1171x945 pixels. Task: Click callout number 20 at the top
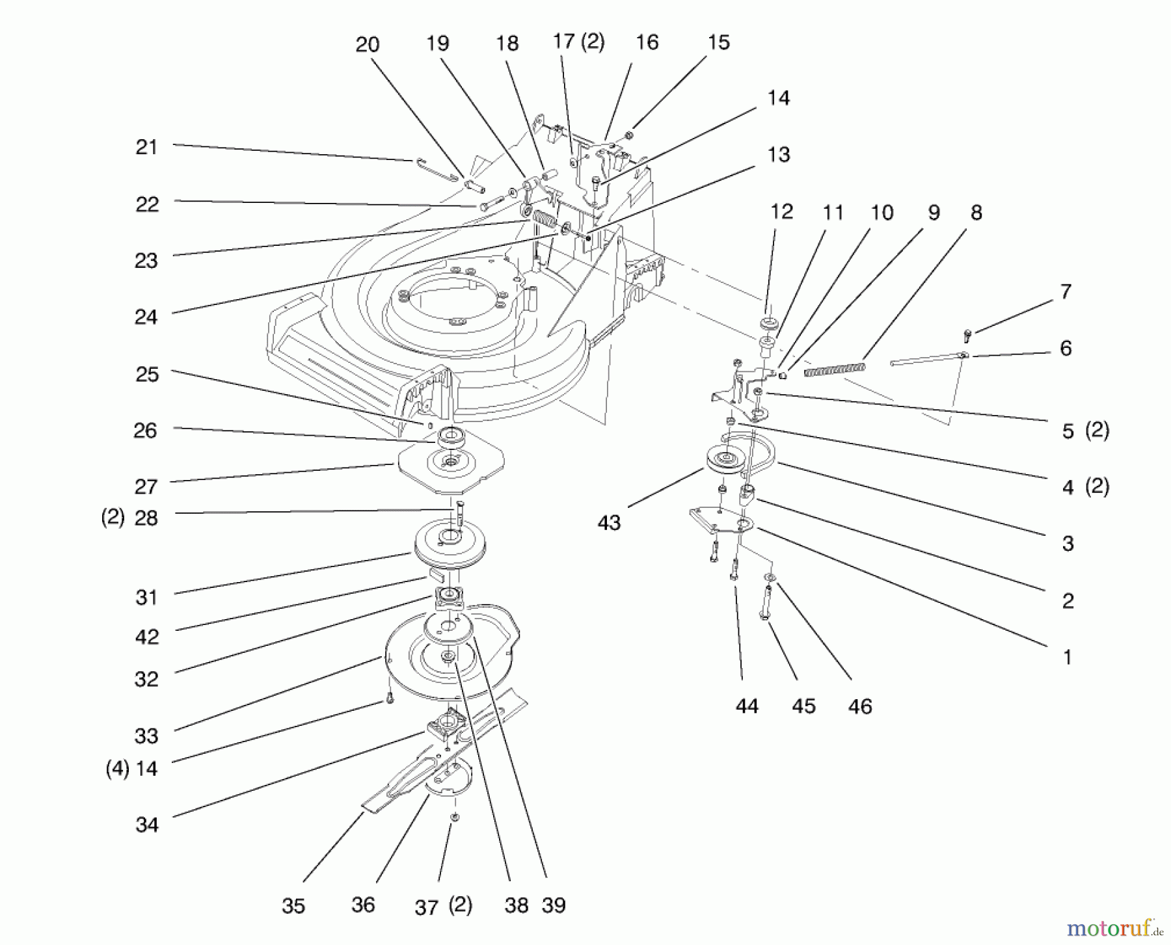[367, 44]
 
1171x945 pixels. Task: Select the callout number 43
[609, 523]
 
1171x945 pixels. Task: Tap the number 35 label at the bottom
[293, 906]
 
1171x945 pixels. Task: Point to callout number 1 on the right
[1067, 657]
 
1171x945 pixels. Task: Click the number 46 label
[860, 706]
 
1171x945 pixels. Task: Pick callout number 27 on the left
[146, 486]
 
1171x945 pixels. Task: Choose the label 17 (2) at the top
[578, 42]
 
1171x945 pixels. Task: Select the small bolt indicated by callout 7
[967, 336]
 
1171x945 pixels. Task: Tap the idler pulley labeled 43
[725, 460]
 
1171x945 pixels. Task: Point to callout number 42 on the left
[146, 637]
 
